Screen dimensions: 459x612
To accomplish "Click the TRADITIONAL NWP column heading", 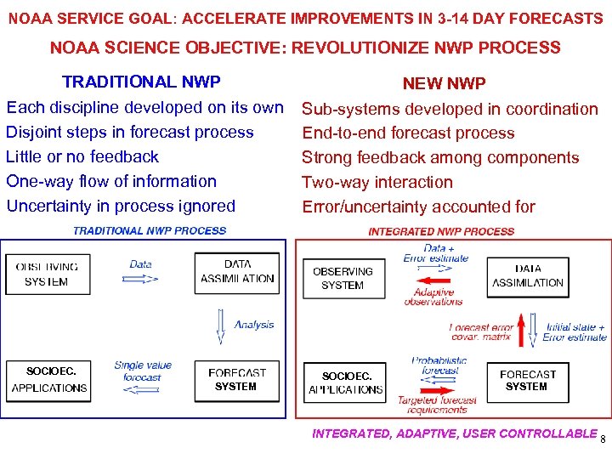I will pos(141,82).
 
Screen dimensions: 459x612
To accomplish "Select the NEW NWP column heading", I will pos(444,83).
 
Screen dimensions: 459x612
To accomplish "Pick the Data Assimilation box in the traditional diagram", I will pos(237,271).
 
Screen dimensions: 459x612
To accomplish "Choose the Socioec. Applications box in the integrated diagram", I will pos(346,382).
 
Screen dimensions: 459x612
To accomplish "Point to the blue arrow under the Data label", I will pos(141,279).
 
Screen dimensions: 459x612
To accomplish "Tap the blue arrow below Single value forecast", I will pos(141,390).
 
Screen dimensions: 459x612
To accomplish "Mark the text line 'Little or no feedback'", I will pos(82,156).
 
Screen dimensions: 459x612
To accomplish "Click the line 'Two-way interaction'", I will pos(377,182).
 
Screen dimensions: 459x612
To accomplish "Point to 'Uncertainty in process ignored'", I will pos(121,206).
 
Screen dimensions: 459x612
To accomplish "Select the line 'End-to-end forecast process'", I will pos(408,133).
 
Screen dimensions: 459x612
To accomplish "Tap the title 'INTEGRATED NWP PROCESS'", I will pos(441,231).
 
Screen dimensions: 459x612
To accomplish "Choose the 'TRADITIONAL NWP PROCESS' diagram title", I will pos(150,230).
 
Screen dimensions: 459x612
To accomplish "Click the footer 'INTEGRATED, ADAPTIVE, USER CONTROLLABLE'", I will pos(455,433).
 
